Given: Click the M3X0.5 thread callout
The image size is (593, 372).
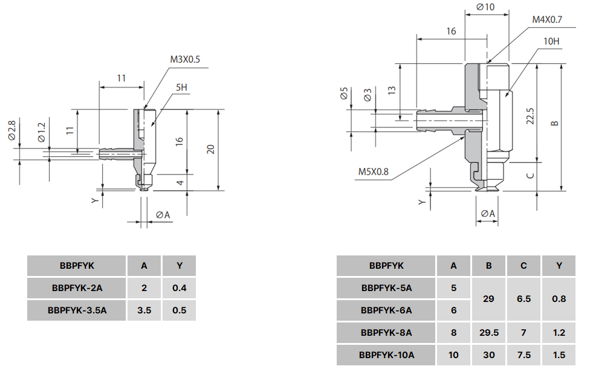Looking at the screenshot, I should click(x=184, y=59).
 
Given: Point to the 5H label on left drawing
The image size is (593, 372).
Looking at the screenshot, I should click(x=181, y=88).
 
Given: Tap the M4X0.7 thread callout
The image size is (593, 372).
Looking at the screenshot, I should click(x=547, y=20).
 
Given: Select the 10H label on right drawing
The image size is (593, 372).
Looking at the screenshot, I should click(x=551, y=41).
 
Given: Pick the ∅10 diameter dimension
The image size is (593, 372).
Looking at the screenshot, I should click(x=485, y=7).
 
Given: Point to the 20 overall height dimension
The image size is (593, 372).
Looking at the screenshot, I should click(x=210, y=149).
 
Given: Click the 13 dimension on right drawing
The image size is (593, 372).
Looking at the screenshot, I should click(x=392, y=91).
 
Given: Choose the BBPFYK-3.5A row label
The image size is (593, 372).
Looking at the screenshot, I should click(x=77, y=310).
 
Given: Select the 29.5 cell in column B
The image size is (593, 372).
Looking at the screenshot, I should click(x=488, y=332).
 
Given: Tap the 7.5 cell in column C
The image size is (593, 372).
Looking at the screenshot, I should click(x=523, y=355).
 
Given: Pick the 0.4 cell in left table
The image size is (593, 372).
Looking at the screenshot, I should click(x=180, y=287).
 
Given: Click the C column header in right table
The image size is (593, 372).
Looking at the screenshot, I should click(x=523, y=266).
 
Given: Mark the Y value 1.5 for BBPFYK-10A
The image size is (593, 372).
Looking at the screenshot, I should click(x=559, y=355).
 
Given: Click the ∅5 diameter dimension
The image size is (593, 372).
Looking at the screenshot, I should click(x=344, y=94).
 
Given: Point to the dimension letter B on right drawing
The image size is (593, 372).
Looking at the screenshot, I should click(x=555, y=124).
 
